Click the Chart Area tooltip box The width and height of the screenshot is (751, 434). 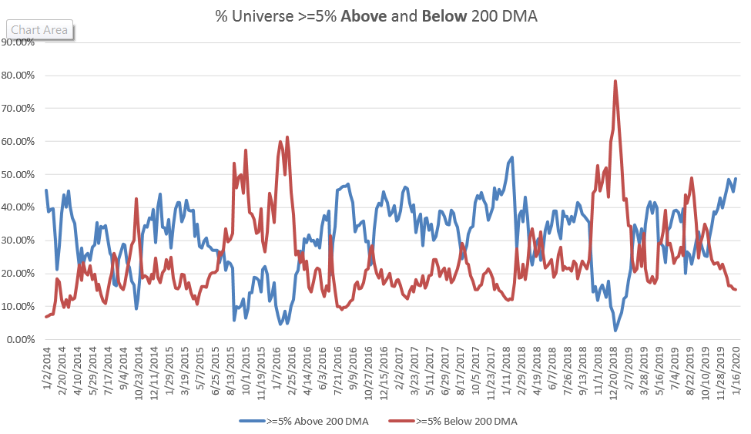39,31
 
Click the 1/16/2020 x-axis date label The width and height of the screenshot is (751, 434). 736,368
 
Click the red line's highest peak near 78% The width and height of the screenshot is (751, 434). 615,81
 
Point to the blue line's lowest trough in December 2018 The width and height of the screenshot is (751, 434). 615,330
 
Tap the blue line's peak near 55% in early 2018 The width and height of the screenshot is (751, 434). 512,157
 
